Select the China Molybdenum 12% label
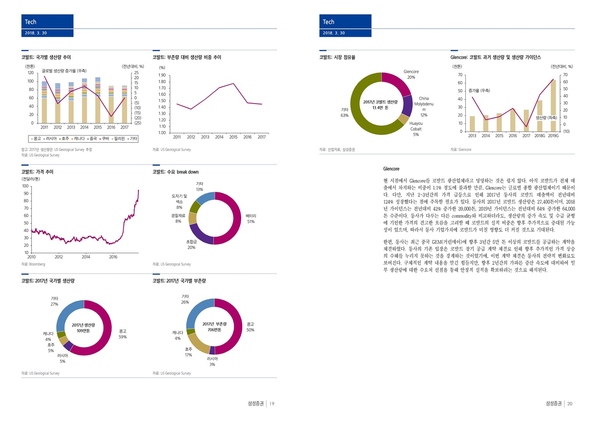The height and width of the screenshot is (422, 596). (x=424, y=107)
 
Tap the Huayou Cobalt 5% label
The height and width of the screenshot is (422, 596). (x=416, y=129)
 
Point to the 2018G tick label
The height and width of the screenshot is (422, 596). (x=539, y=136)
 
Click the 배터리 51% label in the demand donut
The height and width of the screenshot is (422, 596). (x=251, y=219)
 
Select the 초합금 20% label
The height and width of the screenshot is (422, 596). (x=192, y=244)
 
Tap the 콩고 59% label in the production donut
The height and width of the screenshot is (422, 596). (x=123, y=334)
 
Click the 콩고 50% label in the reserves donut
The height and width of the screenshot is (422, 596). (x=250, y=327)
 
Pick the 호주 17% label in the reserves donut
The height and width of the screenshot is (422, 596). (x=188, y=352)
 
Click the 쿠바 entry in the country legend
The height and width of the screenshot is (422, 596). (x=104, y=139)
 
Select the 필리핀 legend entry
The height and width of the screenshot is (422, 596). (x=118, y=139)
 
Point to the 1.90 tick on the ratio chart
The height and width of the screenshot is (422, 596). (x=162, y=75)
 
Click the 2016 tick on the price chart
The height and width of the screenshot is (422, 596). (x=113, y=257)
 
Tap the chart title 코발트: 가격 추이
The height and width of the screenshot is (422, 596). (x=37, y=172)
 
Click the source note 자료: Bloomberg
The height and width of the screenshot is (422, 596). (x=33, y=264)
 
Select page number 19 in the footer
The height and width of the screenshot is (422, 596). (x=272, y=404)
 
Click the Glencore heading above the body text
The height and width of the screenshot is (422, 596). (x=391, y=169)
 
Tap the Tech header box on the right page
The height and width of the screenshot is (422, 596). (x=345, y=22)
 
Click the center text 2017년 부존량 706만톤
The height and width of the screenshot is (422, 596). (x=214, y=327)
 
